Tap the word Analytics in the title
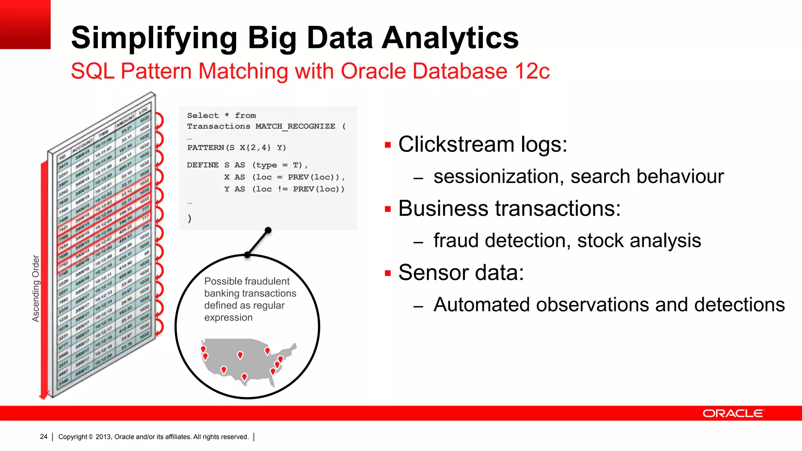(x=450, y=38)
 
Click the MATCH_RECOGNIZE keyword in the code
(x=295, y=126)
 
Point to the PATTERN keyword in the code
(x=205, y=148)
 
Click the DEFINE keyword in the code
(x=202, y=165)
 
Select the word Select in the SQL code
(x=203, y=115)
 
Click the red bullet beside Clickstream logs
(x=388, y=145)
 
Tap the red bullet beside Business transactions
(x=388, y=209)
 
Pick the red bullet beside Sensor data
(x=388, y=273)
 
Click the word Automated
(x=482, y=305)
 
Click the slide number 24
(x=43, y=437)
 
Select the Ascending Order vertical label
(x=36, y=289)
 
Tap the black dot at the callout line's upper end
(x=268, y=230)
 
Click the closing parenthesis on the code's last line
(x=190, y=218)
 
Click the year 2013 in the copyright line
(x=103, y=437)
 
